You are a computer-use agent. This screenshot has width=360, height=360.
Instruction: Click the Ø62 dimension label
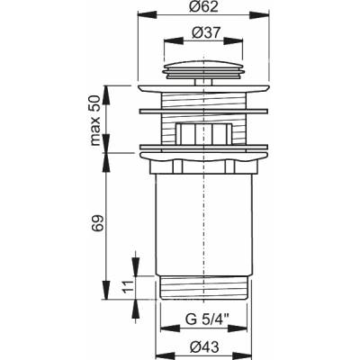[x=203, y=6]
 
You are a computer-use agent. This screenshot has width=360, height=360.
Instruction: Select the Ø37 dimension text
[x=202, y=32]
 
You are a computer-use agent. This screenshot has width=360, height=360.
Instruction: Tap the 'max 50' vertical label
[x=95, y=121]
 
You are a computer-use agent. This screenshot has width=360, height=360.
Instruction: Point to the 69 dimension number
[x=99, y=222]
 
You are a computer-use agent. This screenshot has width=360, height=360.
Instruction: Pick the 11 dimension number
[x=128, y=286]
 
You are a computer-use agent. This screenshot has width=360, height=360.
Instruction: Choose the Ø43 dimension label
[x=203, y=347]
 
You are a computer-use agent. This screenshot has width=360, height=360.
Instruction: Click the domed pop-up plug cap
[x=203, y=70]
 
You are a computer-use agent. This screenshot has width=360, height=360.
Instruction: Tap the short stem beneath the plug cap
[x=203, y=82]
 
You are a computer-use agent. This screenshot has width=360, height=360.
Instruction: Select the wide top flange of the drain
[x=203, y=88]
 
